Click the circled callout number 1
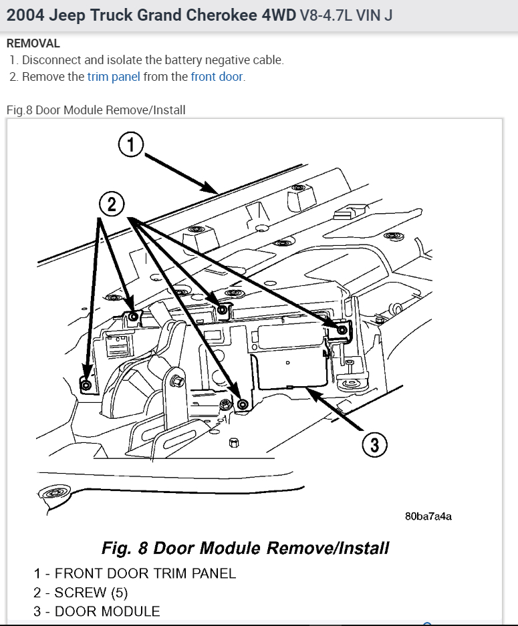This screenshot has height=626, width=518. click(x=132, y=144)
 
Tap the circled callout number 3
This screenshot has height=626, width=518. click(x=374, y=444)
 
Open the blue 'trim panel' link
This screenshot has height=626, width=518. click(x=114, y=77)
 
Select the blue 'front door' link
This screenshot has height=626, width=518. click(x=217, y=77)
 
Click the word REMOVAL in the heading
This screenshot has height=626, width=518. click(x=33, y=43)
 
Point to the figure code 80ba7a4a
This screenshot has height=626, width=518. click(x=428, y=516)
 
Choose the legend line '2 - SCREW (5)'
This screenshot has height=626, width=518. click(x=81, y=593)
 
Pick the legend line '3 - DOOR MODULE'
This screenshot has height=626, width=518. click(x=97, y=611)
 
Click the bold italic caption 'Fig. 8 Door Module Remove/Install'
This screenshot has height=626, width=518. click(x=245, y=549)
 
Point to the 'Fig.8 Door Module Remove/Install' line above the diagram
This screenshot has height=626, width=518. click(x=96, y=110)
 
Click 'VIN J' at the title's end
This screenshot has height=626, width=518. click(x=374, y=15)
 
